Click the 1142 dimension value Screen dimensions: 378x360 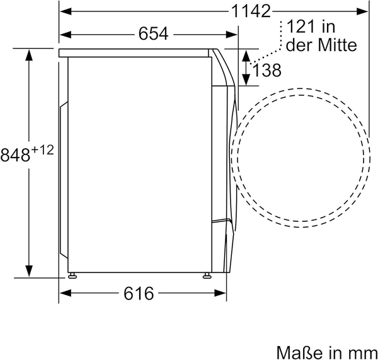(251, 11)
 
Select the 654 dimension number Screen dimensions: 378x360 (153, 34)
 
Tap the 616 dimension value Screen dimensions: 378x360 (139, 293)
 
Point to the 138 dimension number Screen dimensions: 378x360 (267, 70)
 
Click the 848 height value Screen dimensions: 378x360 (15, 154)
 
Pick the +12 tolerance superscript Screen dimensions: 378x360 (42, 150)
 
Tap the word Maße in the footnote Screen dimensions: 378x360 (299, 352)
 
